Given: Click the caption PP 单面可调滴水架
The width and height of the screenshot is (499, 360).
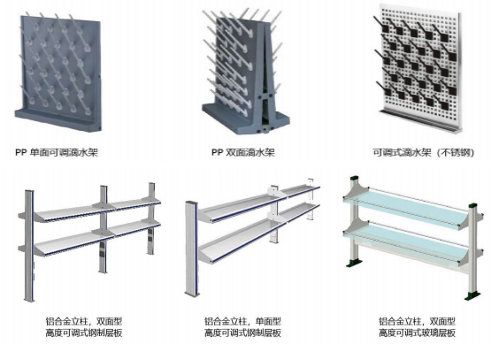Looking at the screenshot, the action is coord(57,152).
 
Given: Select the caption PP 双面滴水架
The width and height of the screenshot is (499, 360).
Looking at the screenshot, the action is coord(243,152).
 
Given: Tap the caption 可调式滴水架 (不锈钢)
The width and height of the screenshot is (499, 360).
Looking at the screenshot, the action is coord(424,153).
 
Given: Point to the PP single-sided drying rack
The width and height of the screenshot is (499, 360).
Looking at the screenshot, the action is coord(58,72).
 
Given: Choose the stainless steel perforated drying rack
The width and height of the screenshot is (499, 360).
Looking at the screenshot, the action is coord(418,68).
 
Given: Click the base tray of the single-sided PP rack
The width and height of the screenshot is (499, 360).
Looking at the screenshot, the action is coord(58,119).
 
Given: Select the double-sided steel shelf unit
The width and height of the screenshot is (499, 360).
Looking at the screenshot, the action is coord(89,241).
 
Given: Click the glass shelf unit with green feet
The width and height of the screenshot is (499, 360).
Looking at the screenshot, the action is coord(414,237).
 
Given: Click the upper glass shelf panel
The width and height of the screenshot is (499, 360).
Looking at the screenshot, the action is coord(406,208).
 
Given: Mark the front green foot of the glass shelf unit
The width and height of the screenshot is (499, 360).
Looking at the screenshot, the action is coord(472,295).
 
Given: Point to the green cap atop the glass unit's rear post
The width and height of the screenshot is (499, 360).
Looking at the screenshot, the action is coord(354,178).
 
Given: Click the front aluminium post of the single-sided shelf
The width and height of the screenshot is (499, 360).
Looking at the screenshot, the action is coord(192,249).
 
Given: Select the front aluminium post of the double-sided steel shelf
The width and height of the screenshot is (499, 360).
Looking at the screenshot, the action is coord(29,246).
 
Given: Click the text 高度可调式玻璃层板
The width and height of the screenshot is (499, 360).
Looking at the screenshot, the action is coord(417,333).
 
